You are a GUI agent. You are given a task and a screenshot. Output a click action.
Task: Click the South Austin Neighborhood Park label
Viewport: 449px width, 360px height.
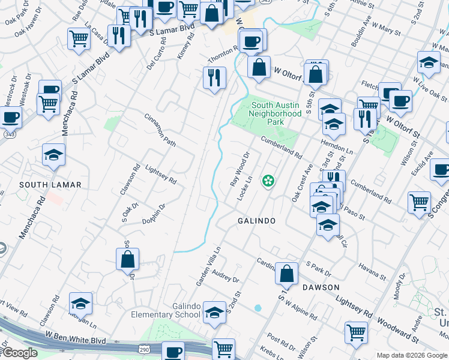275,113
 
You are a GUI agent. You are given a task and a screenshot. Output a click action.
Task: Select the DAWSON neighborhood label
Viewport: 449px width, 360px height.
321,287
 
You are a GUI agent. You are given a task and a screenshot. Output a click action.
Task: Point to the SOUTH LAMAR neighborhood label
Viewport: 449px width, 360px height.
50,185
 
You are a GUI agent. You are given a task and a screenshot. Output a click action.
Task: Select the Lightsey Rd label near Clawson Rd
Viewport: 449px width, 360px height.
161,173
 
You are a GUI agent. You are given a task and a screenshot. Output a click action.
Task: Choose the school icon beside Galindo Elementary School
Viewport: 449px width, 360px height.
214,313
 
